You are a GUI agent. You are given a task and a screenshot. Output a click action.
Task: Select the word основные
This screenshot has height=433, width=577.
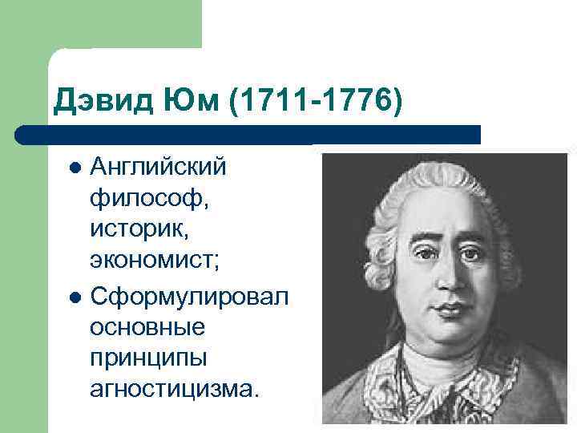(x=148, y=326)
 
